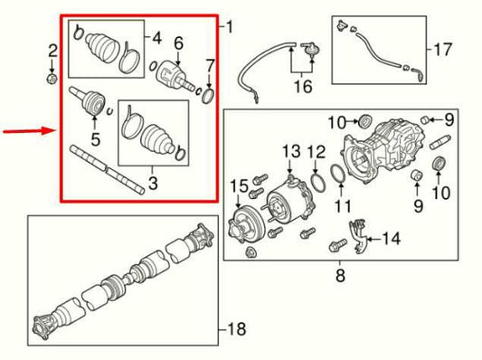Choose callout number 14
(391, 239)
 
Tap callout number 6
(178, 43)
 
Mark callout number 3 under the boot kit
(151, 185)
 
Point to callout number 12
(316, 149)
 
